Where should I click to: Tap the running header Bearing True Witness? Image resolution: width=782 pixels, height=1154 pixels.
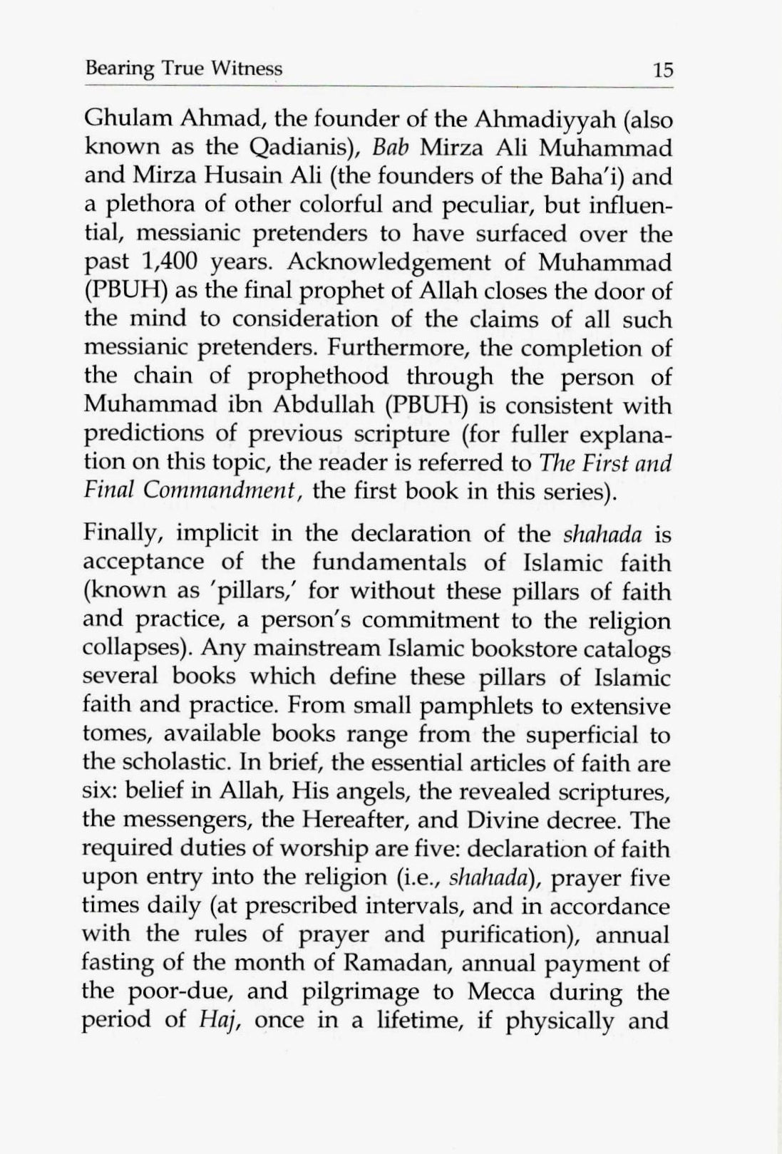(183, 68)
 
